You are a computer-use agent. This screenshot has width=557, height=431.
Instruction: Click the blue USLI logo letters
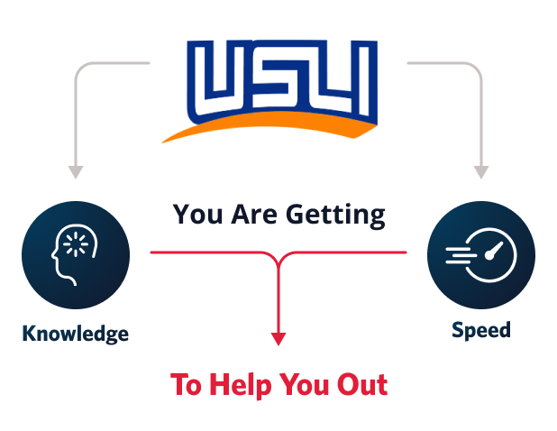pos(282,81)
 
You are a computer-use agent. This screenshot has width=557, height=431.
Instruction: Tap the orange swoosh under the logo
pos(270,126)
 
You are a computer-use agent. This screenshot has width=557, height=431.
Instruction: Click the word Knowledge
pos(76,334)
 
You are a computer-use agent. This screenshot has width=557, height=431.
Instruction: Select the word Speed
pos(481,330)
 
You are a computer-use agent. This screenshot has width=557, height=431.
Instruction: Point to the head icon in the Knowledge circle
pos(75,254)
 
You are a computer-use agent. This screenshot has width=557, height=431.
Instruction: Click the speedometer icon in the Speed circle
pos(481,255)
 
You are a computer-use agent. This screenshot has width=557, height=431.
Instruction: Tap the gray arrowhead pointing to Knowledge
pos(76,172)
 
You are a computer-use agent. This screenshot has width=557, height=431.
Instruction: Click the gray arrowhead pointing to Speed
pos(481,172)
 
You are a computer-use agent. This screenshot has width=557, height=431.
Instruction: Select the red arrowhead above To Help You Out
pos(278,339)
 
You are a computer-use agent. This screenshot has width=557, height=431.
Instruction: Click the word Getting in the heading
pos(335,215)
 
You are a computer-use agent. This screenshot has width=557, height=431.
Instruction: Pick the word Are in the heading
pos(254,215)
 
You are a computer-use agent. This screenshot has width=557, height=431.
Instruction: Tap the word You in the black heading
pos(198,215)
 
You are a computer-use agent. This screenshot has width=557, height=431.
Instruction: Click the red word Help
pos(241,385)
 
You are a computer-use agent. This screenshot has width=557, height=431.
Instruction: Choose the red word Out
pos(362,385)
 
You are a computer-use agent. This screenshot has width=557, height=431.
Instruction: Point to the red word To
pos(187,385)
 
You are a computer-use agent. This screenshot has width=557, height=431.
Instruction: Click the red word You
pos(304,385)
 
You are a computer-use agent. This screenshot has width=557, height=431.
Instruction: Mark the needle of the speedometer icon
pos(494,251)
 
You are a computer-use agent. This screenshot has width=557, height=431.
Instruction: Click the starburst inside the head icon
pos(76,244)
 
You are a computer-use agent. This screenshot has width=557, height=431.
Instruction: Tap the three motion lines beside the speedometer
pos(461,255)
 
